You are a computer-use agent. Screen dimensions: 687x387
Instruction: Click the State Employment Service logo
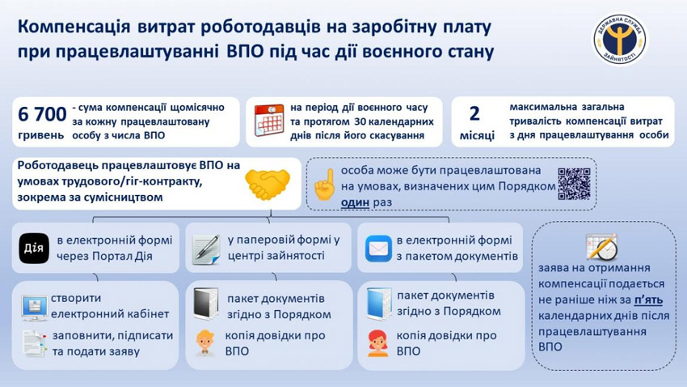621,40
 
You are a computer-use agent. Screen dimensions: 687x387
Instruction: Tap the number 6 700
42,114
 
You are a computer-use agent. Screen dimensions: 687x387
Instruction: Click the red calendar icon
269,120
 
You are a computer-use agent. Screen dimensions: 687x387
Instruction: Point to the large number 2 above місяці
474,113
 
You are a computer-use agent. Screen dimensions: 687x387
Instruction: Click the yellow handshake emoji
268,185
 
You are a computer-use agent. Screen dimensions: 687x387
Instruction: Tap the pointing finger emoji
325,185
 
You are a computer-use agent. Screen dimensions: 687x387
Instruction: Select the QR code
575,184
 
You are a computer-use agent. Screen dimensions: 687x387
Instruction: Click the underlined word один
355,202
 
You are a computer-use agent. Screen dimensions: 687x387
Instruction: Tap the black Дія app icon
34,249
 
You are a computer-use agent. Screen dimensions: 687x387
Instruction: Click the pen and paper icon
206,249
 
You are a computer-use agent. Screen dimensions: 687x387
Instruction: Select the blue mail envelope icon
378,249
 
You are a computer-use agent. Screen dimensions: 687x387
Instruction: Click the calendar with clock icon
602,247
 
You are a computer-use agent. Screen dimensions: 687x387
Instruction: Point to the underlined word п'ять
648,300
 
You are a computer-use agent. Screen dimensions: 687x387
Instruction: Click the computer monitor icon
35,308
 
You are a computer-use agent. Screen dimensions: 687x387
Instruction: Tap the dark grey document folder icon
206,304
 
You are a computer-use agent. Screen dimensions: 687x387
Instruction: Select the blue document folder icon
379,304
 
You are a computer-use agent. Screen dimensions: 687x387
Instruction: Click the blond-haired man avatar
205,342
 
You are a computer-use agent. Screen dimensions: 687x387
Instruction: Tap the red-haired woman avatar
377,343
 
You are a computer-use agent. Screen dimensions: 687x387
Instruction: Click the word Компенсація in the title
74,28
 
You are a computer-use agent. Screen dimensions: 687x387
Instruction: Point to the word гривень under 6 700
40,134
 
